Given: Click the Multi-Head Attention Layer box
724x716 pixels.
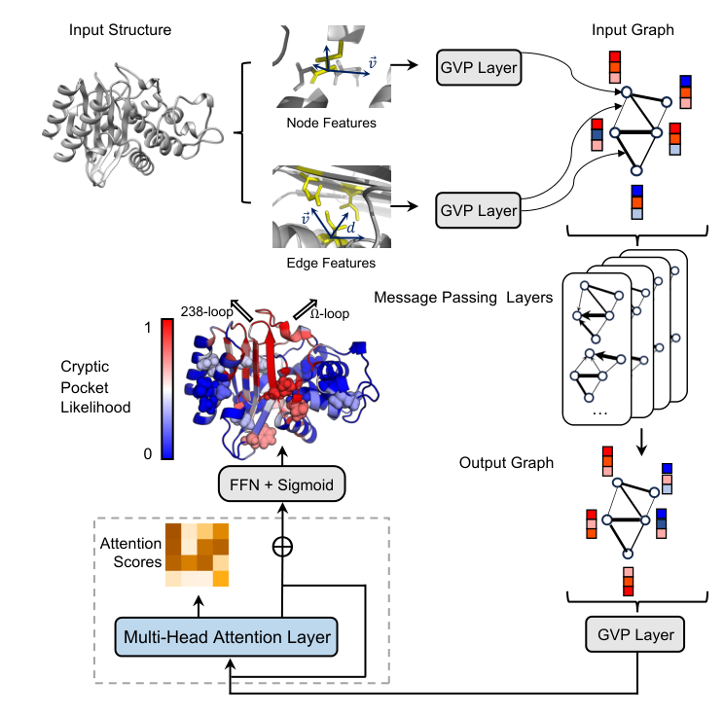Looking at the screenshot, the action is pos(226,636).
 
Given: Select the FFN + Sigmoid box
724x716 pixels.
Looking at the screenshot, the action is pos(281,483).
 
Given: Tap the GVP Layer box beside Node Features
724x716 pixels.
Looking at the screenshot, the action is pos(479,67).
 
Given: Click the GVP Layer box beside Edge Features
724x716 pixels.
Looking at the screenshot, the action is pos(479,210).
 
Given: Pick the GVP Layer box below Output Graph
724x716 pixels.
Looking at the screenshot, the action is pos(634,634).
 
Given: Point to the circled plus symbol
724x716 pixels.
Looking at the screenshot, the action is pos(282,547).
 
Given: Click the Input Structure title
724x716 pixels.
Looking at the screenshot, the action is pos(120,30).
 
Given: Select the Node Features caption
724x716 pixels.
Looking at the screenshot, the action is pos(331,123).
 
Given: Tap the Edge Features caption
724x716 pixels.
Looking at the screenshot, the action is pos(331,263).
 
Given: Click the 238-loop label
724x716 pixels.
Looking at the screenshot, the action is pos(206,312).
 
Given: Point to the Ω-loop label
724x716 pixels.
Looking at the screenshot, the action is pos(330,314).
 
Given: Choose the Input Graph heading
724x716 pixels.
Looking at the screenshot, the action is pos(633,30).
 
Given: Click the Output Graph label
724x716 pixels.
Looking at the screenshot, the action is pos(506,462).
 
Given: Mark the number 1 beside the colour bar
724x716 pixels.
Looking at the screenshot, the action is pos(148,328).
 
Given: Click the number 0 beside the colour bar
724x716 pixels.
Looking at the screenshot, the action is pos(148,453).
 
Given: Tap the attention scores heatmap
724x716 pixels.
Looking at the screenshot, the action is pos(198,555).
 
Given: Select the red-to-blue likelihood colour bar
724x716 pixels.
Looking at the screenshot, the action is pos(167,389).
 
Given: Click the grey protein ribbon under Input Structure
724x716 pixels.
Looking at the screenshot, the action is pos(132,125).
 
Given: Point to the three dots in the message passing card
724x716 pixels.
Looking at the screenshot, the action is pos(599,413).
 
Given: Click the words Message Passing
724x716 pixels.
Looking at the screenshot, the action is pos(435,298).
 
